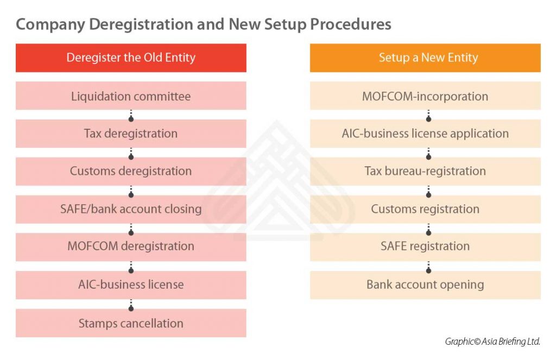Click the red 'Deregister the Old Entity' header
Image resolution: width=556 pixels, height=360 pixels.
click(131, 58)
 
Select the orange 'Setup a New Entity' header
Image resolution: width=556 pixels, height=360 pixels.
click(425, 58)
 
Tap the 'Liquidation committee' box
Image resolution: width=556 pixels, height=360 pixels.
click(131, 96)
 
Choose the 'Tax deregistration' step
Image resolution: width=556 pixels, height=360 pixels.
click(131, 134)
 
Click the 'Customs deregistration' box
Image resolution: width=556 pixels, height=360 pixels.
click(131, 171)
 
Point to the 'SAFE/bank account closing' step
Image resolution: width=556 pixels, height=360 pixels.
click(131, 209)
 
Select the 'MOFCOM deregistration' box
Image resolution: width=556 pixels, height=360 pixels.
click(131, 247)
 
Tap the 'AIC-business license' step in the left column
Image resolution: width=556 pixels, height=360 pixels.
click(131, 285)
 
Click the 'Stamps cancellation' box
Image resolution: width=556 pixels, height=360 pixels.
click(131, 323)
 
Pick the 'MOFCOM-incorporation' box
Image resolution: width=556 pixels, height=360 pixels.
click(425, 96)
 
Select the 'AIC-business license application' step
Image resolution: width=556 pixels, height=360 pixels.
click(425, 134)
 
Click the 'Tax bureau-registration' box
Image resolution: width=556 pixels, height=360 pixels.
click(425, 171)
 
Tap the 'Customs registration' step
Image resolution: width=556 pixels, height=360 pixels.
click(425, 209)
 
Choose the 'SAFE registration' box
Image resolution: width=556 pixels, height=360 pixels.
click(425, 247)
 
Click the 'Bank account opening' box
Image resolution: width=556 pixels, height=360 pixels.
click(425, 285)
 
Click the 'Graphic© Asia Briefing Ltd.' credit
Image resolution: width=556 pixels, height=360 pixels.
click(492, 342)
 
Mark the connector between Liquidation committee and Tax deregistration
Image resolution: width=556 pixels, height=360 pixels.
click(131, 115)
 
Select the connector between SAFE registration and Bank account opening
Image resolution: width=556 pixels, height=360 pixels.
click(428, 266)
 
